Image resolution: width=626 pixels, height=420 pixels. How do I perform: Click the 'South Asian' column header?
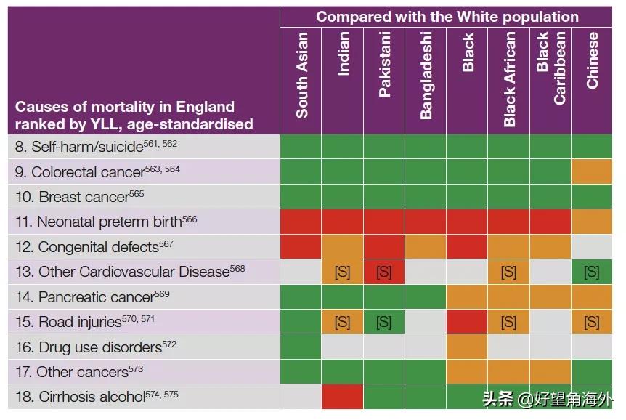tap(301, 75)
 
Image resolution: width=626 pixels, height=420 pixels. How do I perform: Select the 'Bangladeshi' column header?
tap(426, 75)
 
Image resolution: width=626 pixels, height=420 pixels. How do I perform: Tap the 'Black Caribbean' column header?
tap(550, 69)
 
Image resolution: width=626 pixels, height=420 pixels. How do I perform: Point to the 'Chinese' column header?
tap(592, 60)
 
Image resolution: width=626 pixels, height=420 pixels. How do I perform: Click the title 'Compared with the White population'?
tap(447, 17)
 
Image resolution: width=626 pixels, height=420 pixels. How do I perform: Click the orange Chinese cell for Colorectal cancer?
tap(592, 172)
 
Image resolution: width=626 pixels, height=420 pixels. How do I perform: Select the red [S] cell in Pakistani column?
tap(384, 272)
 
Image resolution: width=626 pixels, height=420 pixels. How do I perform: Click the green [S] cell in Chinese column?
tap(592, 272)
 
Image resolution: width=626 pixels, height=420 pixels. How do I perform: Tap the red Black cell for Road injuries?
tap(467, 322)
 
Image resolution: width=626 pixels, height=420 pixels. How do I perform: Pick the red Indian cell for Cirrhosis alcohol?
tap(343, 397)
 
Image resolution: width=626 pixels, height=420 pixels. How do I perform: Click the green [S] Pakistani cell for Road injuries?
tap(384, 322)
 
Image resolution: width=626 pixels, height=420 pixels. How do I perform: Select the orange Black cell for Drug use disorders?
tap(467, 347)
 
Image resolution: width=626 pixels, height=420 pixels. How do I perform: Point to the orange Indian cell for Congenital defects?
tap(343, 247)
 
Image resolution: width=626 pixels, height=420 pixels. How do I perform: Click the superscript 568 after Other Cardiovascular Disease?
tap(237, 269)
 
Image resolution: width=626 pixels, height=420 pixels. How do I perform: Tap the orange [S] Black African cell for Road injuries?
tap(508, 322)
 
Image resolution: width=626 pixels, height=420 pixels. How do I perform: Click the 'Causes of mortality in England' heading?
tap(125, 106)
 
